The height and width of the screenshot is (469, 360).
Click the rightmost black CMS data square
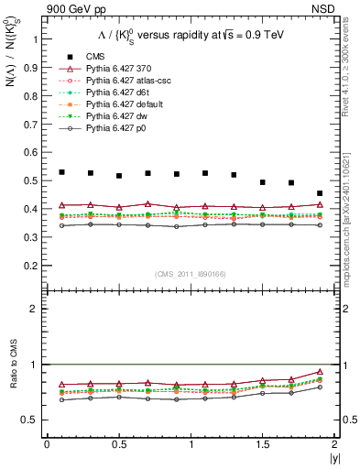pyautogui.click(x=320, y=193)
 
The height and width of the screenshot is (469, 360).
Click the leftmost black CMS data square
pyautogui.click(x=62, y=172)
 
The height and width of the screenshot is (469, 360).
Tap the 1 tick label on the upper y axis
pyautogui.click(x=37, y=39)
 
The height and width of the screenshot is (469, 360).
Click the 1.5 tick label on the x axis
pyautogui.click(x=262, y=444)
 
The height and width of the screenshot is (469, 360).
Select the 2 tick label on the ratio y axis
pyautogui.click(x=37, y=309)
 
